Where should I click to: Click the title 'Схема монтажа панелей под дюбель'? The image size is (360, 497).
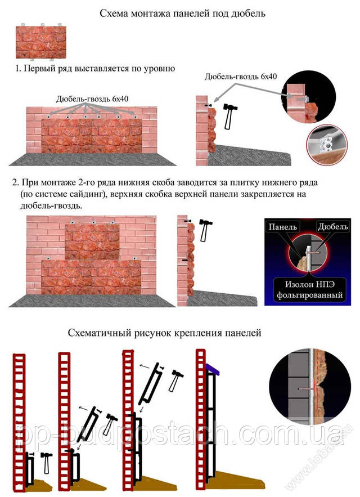click(x=182, y=14)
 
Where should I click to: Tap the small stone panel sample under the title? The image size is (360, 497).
click(x=41, y=42)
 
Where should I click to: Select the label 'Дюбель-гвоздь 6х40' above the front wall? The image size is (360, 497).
click(x=92, y=99)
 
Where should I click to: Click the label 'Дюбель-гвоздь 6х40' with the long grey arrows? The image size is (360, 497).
click(x=241, y=77)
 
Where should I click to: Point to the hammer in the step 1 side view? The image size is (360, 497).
click(x=228, y=116)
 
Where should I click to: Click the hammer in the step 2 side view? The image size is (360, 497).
click(x=205, y=230)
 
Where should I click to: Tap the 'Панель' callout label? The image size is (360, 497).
click(x=283, y=227)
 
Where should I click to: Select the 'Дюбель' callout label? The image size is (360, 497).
click(x=333, y=227)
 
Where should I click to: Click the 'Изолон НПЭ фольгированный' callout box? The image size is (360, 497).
click(x=309, y=289)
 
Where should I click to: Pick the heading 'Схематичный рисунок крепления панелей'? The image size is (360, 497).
click(x=164, y=333)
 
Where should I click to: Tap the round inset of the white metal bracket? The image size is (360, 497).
click(x=327, y=145)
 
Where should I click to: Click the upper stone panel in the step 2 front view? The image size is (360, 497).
click(x=92, y=241)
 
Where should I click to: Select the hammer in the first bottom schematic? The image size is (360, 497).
click(x=47, y=463)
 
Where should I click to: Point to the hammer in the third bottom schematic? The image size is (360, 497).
click(x=175, y=380)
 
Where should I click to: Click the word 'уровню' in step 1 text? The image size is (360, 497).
click(x=158, y=69)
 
